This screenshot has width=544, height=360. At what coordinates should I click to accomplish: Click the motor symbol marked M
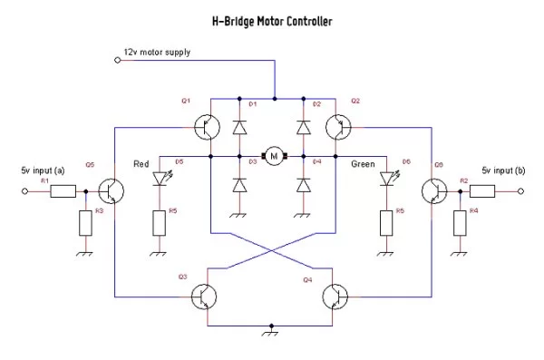coord(272,156)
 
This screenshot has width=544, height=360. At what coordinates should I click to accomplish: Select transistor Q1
coord(209,126)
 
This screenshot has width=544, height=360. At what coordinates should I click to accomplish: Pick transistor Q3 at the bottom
coord(209,297)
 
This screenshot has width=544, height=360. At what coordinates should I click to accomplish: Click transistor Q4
coord(337,297)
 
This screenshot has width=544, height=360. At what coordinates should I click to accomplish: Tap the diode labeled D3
coord(240,185)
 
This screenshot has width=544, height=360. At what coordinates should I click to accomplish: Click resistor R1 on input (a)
coord(63,191)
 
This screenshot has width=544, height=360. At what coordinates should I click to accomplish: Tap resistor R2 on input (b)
coord(481,191)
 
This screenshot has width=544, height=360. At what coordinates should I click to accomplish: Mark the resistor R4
coord(461,221)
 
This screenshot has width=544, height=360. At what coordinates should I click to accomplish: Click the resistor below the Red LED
coord(160,221)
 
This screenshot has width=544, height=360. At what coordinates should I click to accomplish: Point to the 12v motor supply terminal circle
coord(117,60)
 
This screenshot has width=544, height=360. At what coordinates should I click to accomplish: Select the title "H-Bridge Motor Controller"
coord(271,20)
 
